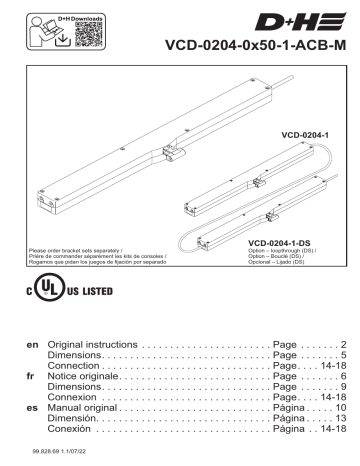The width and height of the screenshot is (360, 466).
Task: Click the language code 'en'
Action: pyautogui.click(x=31, y=343)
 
